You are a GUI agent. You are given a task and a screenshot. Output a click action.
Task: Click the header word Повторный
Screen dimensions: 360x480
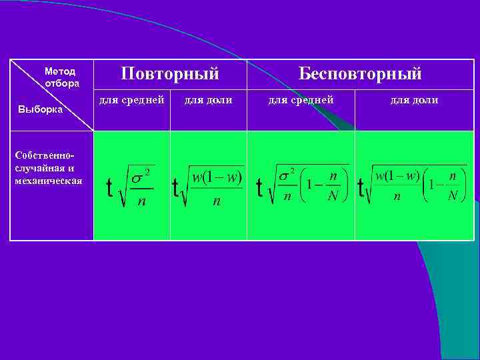170,73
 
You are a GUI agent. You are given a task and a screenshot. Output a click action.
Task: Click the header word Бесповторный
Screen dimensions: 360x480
360,73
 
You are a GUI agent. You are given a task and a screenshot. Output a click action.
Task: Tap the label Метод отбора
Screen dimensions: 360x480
61,77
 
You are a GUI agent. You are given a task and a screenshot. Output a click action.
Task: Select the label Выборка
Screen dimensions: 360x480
41,109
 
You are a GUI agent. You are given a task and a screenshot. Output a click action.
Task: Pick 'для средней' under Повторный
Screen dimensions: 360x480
131,100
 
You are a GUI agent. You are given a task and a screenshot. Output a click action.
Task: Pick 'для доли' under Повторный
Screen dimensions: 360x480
208,100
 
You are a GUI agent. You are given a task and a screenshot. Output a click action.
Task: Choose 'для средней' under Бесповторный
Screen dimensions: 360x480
301,100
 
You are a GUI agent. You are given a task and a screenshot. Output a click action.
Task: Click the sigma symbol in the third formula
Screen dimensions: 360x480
283,175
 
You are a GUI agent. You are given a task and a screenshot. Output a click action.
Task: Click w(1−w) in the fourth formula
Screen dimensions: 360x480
397,176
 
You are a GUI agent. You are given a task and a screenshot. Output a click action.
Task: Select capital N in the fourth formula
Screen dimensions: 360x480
453,197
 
